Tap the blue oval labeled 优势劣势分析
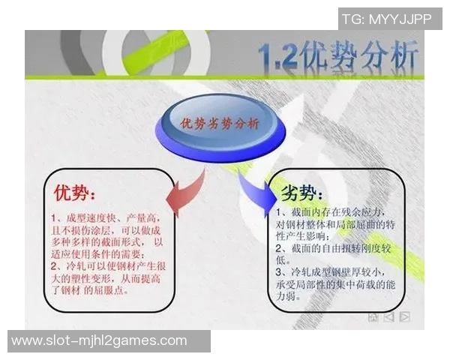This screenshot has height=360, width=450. (x=220, y=125)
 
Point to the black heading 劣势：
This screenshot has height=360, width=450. (x=301, y=193)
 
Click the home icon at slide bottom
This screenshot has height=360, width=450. (x=373, y=317)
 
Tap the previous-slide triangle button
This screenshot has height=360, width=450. (x=388, y=317)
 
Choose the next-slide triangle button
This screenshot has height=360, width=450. (x=405, y=317)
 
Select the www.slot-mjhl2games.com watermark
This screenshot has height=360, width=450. (x=99, y=340)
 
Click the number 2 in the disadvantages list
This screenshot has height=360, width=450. (x=278, y=247)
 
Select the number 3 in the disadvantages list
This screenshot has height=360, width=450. (x=278, y=271)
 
